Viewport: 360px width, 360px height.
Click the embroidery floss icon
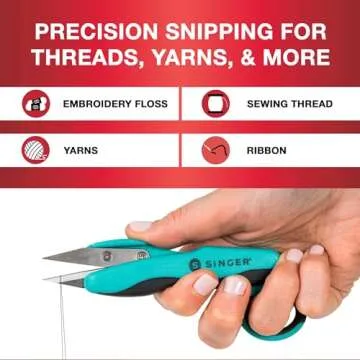coord(36,104)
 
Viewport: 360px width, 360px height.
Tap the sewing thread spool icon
coord(216,104)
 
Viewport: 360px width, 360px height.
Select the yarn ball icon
coord(36,151)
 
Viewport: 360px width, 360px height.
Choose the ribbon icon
coord(216,151)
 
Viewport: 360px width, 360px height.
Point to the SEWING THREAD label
coord(290,104)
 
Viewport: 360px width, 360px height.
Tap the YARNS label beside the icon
coord(80,151)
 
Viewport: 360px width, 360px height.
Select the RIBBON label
coord(266,151)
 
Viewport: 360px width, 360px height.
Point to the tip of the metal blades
coord(46,262)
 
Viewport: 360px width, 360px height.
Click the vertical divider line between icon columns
coord(180,127)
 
